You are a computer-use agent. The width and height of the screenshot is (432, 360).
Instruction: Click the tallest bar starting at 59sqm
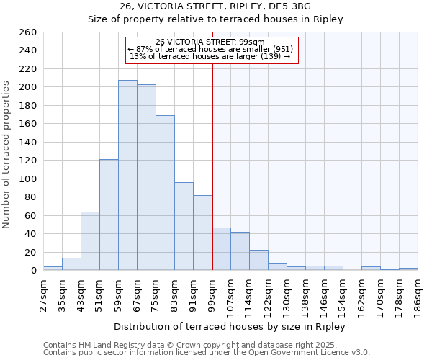click(x=127, y=175)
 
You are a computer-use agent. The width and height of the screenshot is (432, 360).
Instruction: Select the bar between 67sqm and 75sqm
click(x=146, y=177)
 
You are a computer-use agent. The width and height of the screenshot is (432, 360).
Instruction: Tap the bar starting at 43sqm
click(x=90, y=241)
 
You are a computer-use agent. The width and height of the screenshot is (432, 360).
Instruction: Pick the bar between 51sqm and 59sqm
click(x=109, y=215)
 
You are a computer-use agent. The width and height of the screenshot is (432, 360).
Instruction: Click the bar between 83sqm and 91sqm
click(x=184, y=226)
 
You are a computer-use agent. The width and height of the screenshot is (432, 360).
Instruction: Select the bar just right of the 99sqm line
click(x=221, y=249)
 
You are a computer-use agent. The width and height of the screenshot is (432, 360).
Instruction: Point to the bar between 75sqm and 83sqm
click(x=165, y=193)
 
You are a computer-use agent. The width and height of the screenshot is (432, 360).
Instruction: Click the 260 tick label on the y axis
click(x=27, y=32)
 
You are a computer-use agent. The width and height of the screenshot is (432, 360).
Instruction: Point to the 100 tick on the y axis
click(x=27, y=179)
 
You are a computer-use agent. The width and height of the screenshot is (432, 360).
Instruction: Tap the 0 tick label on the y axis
click(x=33, y=271)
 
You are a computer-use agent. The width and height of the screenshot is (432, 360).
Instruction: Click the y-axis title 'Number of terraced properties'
click(x=7, y=154)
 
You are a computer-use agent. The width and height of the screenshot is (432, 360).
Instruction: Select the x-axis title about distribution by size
click(x=230, y=326)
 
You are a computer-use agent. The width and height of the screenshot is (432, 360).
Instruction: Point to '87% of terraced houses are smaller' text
click(x=210, y=49)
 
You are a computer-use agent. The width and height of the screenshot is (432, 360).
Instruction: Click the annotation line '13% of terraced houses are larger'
click(x=210, y=56)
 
